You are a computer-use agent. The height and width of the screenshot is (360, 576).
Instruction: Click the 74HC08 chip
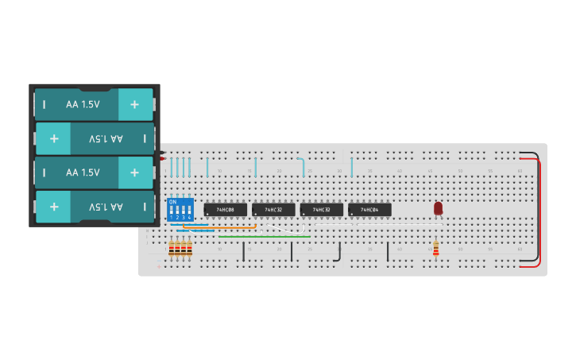[225, 210]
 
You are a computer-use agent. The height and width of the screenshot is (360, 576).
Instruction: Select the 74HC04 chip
[369, 210]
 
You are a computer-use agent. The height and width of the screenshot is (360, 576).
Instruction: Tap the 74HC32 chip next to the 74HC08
[273, 210]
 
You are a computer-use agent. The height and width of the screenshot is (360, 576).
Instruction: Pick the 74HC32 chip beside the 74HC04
[322, 210]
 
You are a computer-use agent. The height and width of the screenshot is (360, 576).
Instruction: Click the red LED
[438, 208]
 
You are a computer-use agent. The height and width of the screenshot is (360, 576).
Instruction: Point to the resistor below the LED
[435, 248]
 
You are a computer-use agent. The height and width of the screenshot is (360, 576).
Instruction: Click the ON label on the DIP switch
[172, 202]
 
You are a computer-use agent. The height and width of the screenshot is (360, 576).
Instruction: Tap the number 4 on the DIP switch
[189, 218]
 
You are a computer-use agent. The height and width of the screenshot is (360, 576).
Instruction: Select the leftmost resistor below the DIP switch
[171, 249]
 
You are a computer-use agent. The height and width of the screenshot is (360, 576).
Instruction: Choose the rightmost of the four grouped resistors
[189, 249]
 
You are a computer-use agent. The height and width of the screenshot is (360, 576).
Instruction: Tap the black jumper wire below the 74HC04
[388, 251]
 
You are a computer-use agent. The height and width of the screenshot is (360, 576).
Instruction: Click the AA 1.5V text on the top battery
[83, 104]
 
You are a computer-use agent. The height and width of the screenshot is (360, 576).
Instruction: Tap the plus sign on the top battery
[134, 104]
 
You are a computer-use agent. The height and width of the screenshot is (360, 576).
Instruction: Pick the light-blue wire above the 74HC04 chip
[352, 167]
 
